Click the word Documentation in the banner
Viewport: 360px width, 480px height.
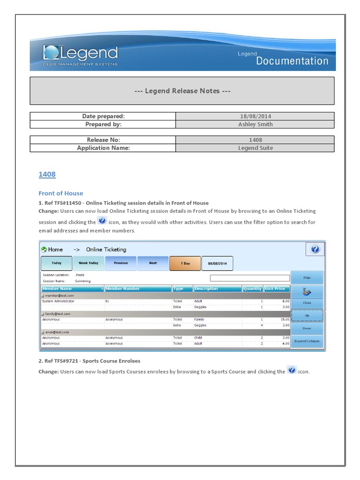(292, 61)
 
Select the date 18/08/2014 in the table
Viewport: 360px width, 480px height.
(255, 116)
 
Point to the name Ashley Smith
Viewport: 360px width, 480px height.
(255, 124)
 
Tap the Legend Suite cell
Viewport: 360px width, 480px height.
(255, 148)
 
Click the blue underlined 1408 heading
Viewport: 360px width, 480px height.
(47, 174)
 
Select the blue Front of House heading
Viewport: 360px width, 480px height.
(60, 193)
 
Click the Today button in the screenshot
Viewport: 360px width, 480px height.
(57, 263)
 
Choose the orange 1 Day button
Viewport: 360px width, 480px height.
(185, 263)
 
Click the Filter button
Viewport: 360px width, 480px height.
(307, 277)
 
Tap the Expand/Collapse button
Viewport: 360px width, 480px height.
(307, 341)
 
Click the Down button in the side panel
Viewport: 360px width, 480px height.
(307, 328)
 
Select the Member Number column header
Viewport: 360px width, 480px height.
(123, 289)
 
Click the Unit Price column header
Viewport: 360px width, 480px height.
(275, 289)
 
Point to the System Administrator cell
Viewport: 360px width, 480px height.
(58, 301)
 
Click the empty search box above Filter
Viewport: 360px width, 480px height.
(249, 278)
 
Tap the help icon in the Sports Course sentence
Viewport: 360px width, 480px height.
(292, 370)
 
